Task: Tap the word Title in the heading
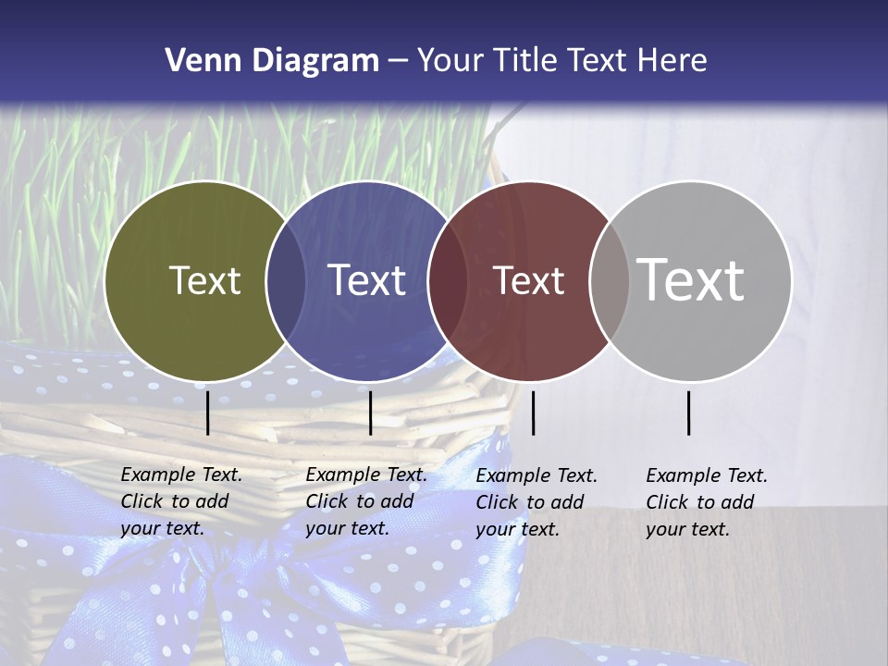(524, 61)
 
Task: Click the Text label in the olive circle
(204, 280)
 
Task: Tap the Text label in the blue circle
(367, 280)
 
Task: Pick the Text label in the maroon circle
(528, 280)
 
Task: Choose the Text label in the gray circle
(691, 279)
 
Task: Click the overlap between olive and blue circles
(286, 280)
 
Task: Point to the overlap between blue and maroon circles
(448, 280)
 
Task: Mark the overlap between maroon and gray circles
(609, 280)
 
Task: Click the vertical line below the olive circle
(207, 413)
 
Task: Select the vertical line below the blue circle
(370, 413)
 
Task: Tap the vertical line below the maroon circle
(533, 413)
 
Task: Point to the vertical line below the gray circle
(688, 413)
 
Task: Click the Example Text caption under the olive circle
(181, 501)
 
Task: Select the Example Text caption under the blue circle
(366, 501)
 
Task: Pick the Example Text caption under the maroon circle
(536, 502)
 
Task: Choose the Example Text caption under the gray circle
(707, 502)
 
